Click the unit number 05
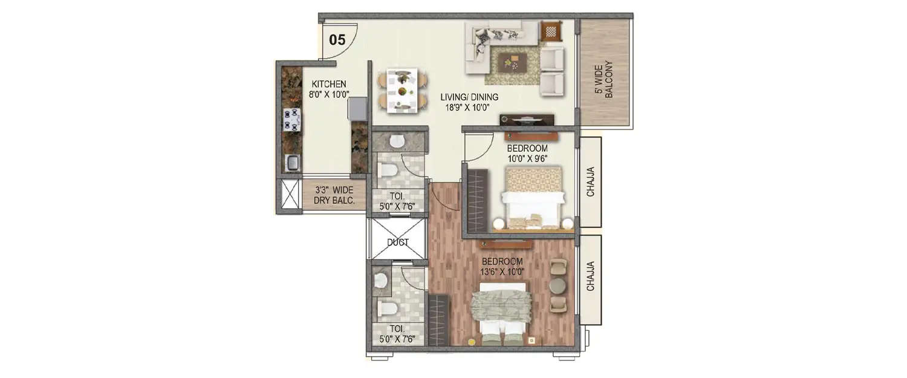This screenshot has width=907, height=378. [x=337, y=41]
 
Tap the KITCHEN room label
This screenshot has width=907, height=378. [x=328, y=84]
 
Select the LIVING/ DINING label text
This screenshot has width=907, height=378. [x=464, y=97]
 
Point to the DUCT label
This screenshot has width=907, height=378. [x=397, y=243]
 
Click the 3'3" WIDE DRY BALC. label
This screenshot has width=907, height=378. [x=334, y=195]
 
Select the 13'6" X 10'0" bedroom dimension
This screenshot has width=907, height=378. [x=502, y=272]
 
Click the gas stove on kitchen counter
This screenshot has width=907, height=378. [x=291, y=119]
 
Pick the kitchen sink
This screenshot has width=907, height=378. [x=292, y=162]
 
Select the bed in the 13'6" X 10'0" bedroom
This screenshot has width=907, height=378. [x=501, y=314]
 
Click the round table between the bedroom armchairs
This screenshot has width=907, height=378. [x=557, y=285]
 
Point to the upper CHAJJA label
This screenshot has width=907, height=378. [x=590, y=181]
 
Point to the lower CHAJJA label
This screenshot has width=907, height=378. [x=590, y=276]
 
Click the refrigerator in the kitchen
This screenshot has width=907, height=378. [x=357, y=109]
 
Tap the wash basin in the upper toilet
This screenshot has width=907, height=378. [x=397, y=142]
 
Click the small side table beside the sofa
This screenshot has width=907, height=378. [x=551, y=30]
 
